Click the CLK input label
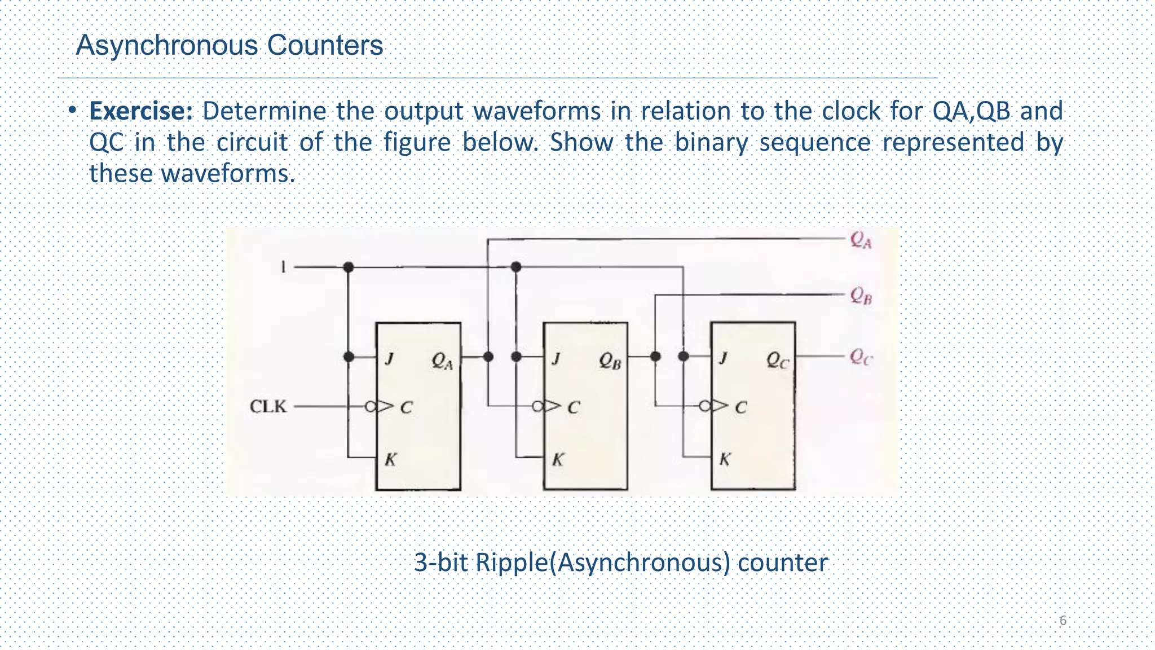pyautogui.click(x=268, y=406)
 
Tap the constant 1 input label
pyautogui.click(x=284, y=266)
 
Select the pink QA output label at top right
pyautogui.click(x=861, y=240)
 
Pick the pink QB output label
pyautogui.click(x=861, y=295)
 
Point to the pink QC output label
pyautogui.click(x=861, y=357)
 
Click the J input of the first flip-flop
pyautogui.click(x=389, y=358)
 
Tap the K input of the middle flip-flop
pyautogui.click(x=557, y=459)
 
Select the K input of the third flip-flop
pyautogui.click(x=725, y=459)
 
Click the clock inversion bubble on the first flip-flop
pyautogui.click(x=371, y=406)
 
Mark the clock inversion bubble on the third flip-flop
pyautogui.click(x=705, y=406)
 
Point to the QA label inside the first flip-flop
pyautogui.click(x=442, y=361)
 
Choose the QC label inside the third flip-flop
pyautogui.click(x=777, y=360)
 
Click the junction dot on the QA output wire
pyautogui.click(x=488, y=357)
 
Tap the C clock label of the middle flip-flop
pyautogui.click(x=573, y=407)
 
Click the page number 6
pyautogui.click(x=1063, y=621)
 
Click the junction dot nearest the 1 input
pyautogui.click(x=349, y=267)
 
